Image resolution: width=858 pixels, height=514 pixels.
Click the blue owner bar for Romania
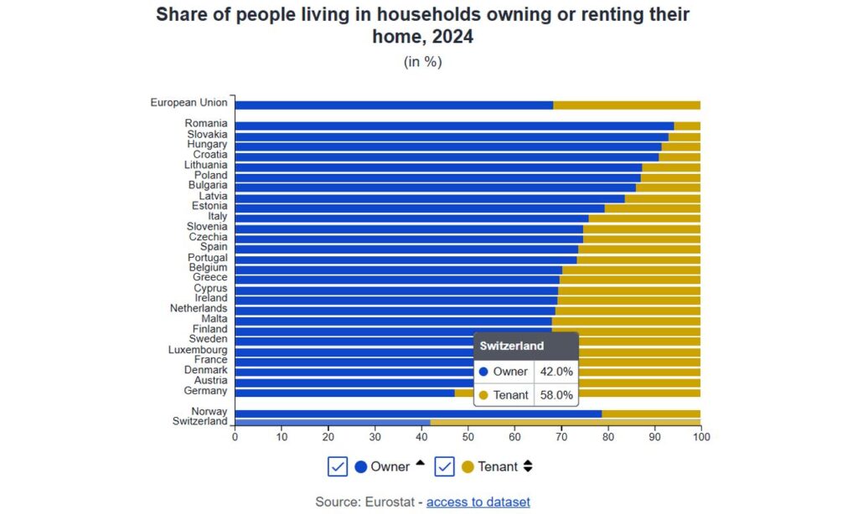[452, 126]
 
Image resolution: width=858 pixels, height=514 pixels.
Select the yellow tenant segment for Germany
[637, 392]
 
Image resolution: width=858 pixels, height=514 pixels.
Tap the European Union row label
[189, 103]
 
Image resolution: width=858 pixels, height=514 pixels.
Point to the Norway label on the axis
[209, 411]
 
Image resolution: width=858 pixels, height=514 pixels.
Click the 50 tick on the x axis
[468, 437]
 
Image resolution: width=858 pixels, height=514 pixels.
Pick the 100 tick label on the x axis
[700, 437]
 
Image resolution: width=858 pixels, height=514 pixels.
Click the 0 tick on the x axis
[235, 437]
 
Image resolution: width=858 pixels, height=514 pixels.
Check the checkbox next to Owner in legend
[338, 466]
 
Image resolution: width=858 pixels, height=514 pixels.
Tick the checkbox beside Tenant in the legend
[444, 466]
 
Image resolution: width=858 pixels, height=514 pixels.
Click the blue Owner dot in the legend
[361, 467]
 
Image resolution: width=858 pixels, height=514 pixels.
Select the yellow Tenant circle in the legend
[468, 467]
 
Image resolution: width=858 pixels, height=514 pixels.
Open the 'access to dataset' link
[478, 501]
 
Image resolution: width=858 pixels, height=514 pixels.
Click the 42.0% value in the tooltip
[556, 372]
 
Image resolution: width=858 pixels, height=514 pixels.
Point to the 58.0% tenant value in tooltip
[556, 395]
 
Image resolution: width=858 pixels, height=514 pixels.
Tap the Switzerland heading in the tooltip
[512, 346]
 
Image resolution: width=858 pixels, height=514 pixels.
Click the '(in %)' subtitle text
[423, 62]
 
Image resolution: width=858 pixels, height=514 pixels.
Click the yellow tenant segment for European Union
[627, 105]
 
